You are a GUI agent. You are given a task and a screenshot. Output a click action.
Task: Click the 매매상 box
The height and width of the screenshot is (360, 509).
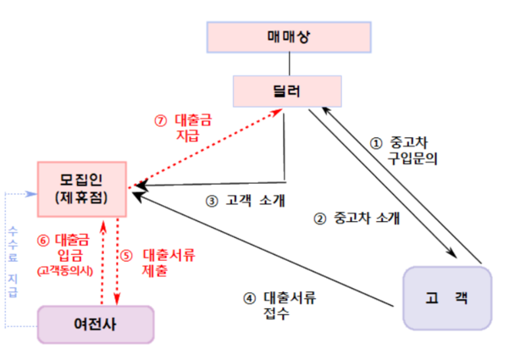point(290,38)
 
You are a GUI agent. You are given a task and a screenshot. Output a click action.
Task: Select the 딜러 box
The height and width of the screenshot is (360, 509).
point(290,91)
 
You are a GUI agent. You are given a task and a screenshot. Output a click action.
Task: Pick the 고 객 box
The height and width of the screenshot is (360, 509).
point(448,297)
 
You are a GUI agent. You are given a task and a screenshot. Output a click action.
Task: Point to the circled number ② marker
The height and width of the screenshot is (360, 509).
point(320,216)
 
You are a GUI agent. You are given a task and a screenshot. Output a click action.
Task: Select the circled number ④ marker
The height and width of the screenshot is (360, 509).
point(249,297)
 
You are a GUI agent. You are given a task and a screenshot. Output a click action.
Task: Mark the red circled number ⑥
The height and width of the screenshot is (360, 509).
point(43,240)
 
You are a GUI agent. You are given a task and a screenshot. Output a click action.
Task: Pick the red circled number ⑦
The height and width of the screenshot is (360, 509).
point(161,119)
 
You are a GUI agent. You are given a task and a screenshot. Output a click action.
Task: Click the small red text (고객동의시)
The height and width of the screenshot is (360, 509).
point(65,271)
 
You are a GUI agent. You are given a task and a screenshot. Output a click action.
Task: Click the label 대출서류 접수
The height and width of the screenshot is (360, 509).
point(286,305)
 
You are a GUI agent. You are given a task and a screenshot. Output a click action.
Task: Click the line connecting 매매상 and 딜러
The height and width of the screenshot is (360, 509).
point(290,64)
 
